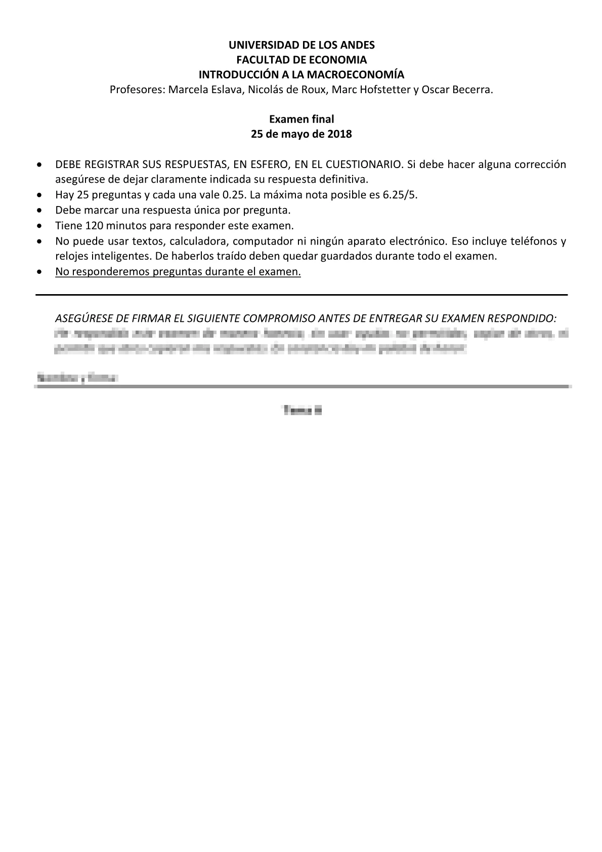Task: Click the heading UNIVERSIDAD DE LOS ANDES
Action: (x=301, y=45)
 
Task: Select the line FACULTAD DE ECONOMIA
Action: (x=301, y=60)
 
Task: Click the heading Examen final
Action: (x=301, y=119)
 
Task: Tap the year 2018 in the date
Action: (x=339, y=135)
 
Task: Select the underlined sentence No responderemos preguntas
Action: (x=178, y=271)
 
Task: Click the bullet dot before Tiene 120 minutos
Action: (x=40, y=226)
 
